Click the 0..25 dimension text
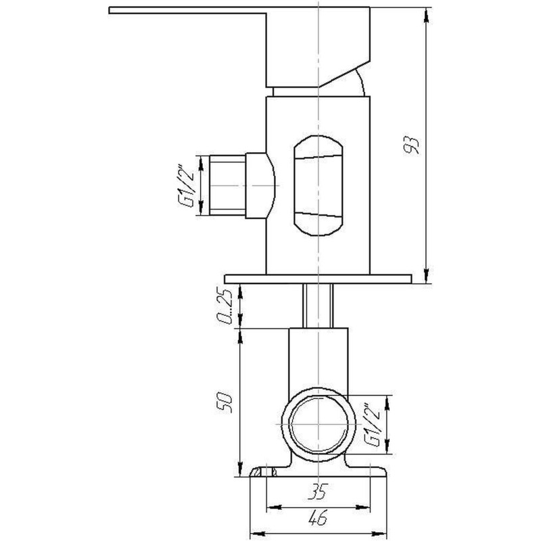pyautogui.click(x=228, y=306)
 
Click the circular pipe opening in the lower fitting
pyautogui.click(x=318, y=425)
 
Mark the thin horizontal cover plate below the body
pyautogui.click(x=318, y=277)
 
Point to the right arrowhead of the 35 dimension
pyautogui.click(x=368, y=506)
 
